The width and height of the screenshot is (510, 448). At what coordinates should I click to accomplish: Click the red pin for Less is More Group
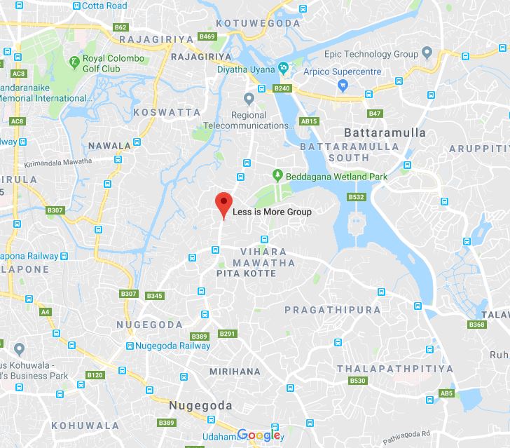click(223, 202)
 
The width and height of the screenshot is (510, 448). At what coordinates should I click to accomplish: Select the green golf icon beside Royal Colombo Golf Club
click(74, 63)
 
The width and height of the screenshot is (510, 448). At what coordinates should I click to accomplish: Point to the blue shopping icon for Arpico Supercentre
click(343, 86)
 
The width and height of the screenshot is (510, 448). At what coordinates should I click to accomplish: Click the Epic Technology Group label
click(371, 54)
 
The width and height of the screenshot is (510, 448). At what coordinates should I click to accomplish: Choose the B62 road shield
click(120, 27)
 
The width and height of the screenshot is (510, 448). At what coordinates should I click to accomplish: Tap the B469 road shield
click(207, 36)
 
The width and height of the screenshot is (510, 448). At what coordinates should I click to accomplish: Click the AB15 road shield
click(309, 121)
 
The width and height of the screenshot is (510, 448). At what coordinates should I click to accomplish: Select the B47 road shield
click(375, 114)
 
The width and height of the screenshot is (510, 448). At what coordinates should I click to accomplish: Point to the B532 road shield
click(356, 197)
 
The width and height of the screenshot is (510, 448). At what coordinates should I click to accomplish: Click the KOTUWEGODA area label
click(258, 24)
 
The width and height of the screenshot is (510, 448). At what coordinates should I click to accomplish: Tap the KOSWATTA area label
click(167, 112)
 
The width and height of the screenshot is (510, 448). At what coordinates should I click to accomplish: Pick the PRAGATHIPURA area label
click(333, 309)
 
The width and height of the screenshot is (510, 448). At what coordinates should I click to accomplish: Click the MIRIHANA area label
click(235, 372)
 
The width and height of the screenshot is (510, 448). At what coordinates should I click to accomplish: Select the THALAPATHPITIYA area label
click(394, 369)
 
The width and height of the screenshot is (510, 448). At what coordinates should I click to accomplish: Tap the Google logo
click(259, 435)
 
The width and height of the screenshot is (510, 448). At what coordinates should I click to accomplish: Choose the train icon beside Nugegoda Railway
click(130, 346)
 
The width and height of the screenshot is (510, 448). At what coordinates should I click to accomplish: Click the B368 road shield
click(476, 325)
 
